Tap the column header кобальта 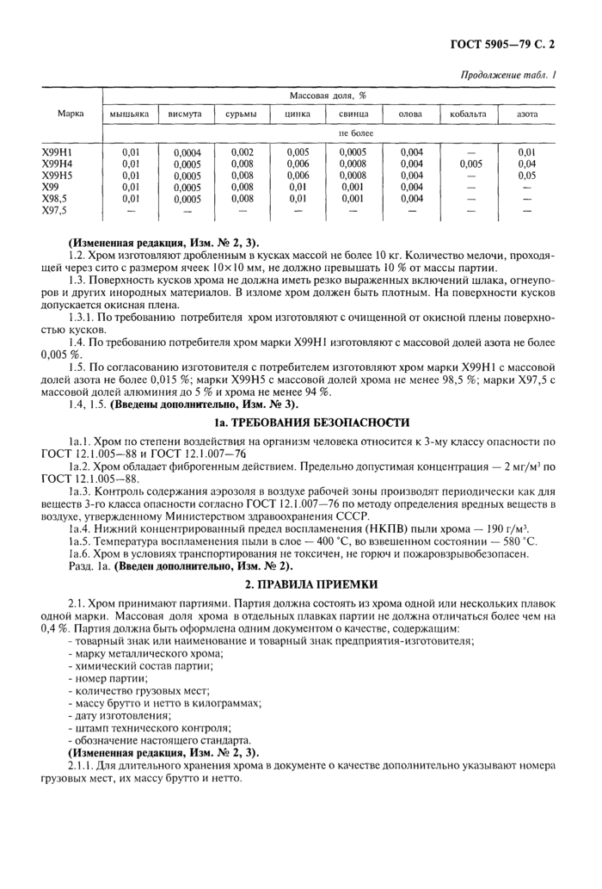point(468,114)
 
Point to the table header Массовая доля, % point(329,95)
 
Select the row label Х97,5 point(55,209)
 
